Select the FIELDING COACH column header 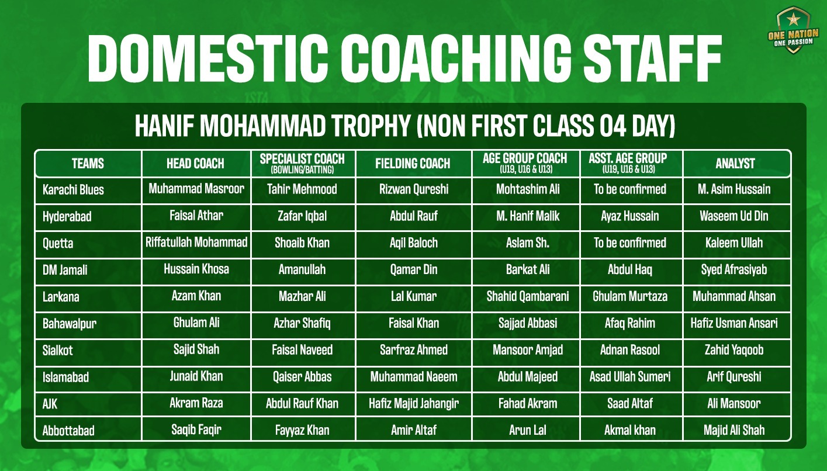coord(413,164)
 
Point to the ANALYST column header coord(735,164)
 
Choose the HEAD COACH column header coord(195,164)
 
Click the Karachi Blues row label coord(73,190)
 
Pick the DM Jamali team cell coord(65,270)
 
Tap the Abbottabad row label coord(68,431)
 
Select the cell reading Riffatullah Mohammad coord(196,242)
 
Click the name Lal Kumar coord(414,296)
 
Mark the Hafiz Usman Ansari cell coord(734,323)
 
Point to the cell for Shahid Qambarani coord(528,296)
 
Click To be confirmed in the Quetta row coord(630,243)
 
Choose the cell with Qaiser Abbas coord(302,376)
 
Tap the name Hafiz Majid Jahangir coord(414,403)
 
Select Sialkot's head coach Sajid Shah coord(196,349)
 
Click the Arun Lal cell coord(528,430)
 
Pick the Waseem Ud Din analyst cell coord(734,216)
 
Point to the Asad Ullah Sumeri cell coord(630,376)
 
